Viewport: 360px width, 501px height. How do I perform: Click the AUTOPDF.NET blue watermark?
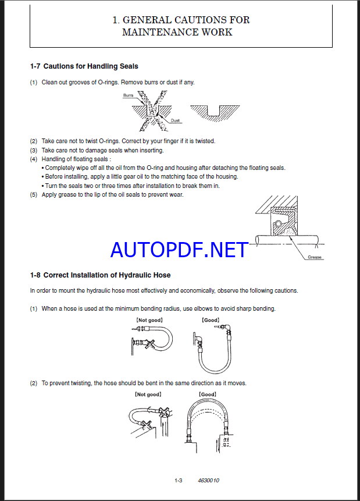(180, 250)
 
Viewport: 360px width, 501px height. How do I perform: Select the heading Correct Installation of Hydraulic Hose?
(107, 275)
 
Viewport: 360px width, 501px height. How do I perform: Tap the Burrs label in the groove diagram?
(128, 95)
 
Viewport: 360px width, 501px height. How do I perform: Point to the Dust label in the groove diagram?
(175, 120)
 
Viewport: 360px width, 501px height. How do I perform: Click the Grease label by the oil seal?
(315, 257)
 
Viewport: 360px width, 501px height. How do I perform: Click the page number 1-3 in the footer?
(179, 480)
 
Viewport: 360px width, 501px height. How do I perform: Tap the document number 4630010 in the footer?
(208, 480)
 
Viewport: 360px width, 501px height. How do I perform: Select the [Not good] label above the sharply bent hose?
(149, 320)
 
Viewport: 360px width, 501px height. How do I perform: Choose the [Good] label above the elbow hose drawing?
(209, 320)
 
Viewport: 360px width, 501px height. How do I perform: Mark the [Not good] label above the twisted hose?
(148, 395)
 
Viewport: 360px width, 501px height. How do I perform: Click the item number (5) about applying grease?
(34, 194)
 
